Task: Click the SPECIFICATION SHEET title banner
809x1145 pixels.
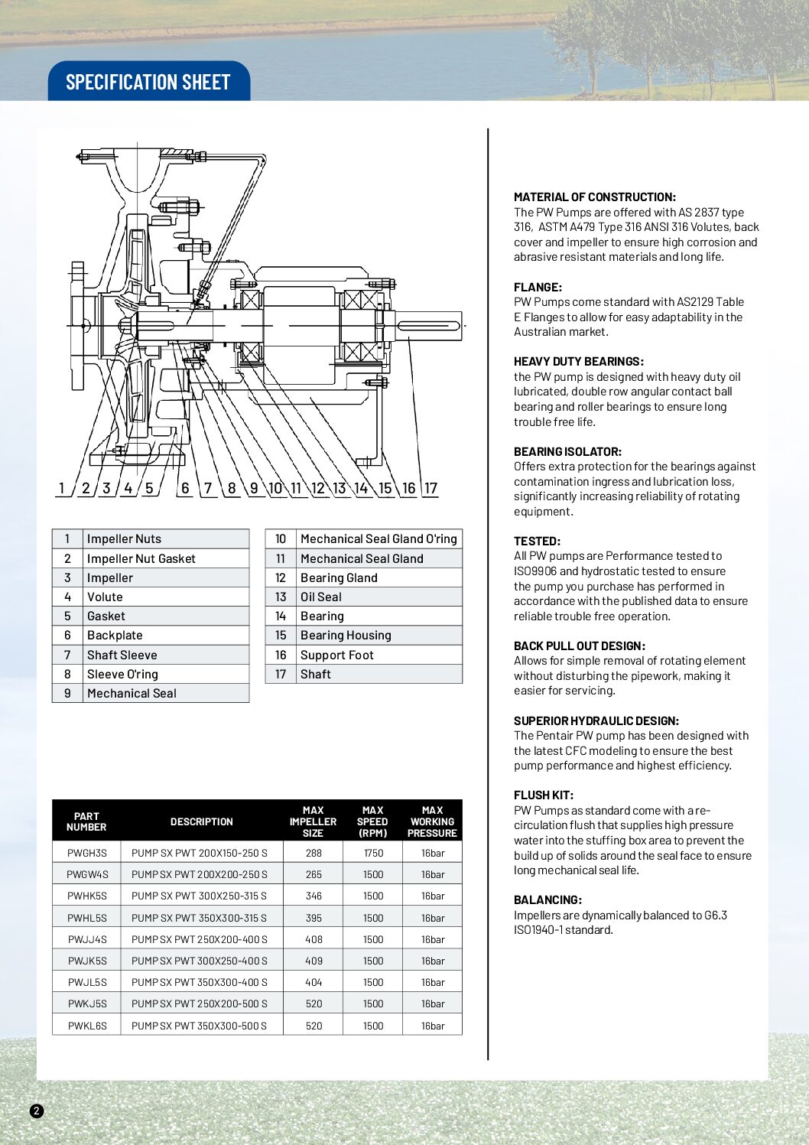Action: click(x=148, y=82)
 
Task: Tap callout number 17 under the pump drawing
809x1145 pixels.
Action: click(x=431, y=488)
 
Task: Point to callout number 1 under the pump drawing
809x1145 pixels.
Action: click(x=62, y=488)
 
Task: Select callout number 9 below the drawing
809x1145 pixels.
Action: click(x=254, y=488)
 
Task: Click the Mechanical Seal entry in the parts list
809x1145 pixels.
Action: click(x=132, y=694)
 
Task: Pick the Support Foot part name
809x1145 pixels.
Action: click(x=337, y=655)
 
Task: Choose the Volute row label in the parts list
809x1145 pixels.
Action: click(x=105, y=597)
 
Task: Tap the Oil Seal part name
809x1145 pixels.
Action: click(x=321, y=597)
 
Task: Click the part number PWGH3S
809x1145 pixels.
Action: click(x=87, y=853)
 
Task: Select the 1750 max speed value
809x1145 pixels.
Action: click(x=373, y=853)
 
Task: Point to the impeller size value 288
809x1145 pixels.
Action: click(x=314, y=853)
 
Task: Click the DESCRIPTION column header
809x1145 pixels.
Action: click(x=202, y=821)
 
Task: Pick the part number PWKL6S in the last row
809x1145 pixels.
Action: click(x=87, y=1026)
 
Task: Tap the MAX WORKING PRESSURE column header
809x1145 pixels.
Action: click(x=432, y=821)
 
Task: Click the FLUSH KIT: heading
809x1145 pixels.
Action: click(x=544, y=795)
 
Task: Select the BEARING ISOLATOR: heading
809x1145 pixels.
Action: click(x=567, y=452)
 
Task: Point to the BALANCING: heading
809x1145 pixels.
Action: click(x=547, y=900)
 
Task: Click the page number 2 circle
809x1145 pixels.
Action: click(x=37, y=1111)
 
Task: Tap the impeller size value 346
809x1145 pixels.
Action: click(x=314, y=896)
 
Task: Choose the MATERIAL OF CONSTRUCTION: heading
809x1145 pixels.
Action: click(x=595, y=197)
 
